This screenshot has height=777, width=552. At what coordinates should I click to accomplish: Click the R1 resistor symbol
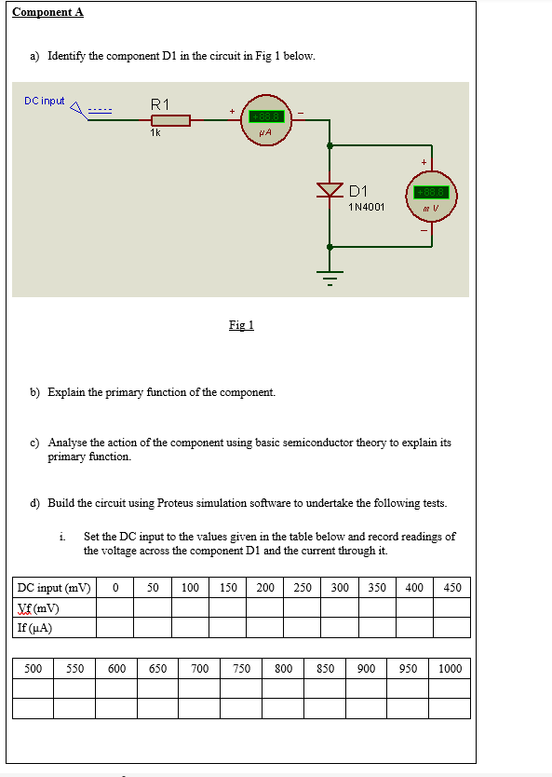pyautogui.click(x=170, y=120)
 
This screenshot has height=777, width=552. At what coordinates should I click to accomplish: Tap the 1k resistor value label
pyautogui.click(x=155, y=133)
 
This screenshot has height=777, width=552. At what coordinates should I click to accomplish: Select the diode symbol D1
pyautogui.click(x=330, y=190)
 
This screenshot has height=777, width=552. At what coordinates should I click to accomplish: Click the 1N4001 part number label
pyautogui.click(x=366, y=207)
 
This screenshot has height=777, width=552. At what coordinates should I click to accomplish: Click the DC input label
pyautogui.click(x=45, y=101)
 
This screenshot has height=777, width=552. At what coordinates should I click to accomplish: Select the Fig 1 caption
pyautogui.click(x=241, y=325)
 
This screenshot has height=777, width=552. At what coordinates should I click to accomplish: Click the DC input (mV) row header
pyautogui.click(x=53, y=588)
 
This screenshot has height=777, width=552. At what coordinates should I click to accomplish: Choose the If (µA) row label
pyautogui.click(x=35, y=627)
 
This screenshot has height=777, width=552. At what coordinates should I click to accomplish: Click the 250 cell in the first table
pyautogui.click(x=303, y=588)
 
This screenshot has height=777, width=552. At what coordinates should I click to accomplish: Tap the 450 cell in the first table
pyautogui.click(x=452, y=588)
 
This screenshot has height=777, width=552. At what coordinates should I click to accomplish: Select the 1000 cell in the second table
pyautogui.click(x=450, y=669)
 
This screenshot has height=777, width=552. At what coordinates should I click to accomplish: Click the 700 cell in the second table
pyautogui.click(x=199, y=669)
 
